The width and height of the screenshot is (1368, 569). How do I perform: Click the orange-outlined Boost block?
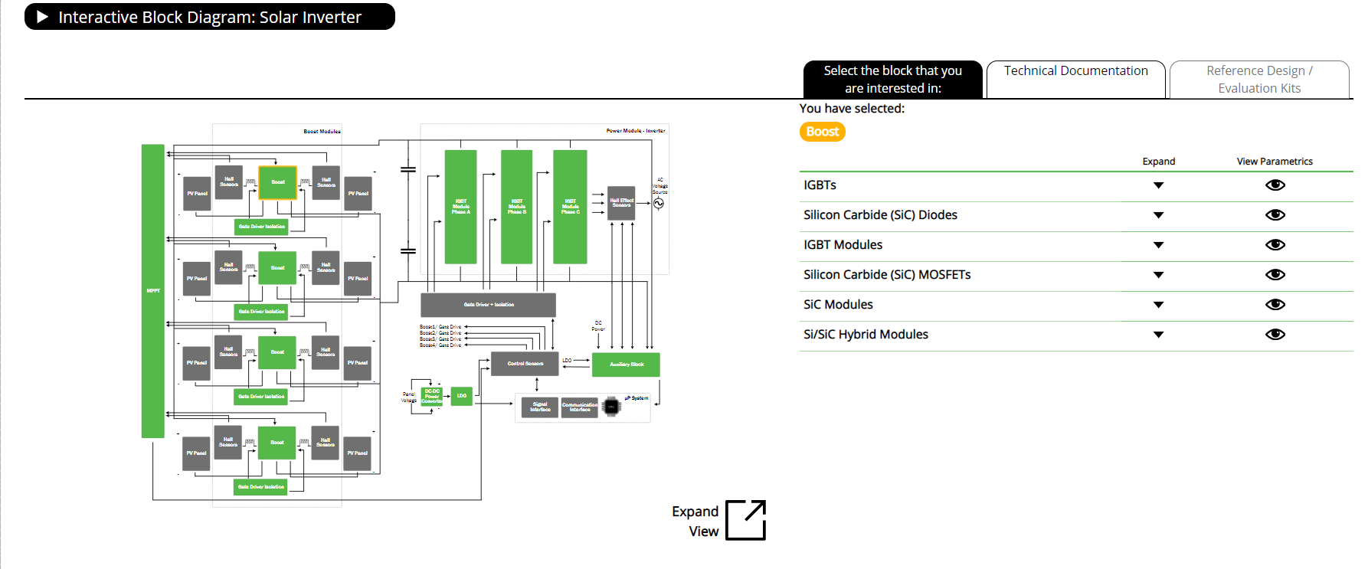(x=277, y=182)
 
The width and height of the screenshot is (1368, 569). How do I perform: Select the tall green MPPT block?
(x=153, y=291)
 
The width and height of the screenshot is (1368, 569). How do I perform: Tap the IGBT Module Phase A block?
(x=460, y=207)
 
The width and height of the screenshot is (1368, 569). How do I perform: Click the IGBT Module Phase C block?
(x=570, y=207)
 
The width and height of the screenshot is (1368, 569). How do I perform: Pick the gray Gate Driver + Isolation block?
(x=488, y=305)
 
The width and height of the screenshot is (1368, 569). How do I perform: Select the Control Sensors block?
(x=525, y=364)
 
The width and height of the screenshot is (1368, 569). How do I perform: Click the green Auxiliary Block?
(x=626, y=365)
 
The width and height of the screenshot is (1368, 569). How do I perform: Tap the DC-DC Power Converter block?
(x=432, y=396)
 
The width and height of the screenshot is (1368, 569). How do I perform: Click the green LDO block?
(x=462, y=396)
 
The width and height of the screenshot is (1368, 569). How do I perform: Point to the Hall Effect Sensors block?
(x=621, y=203)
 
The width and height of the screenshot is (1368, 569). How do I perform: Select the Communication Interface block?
(x=580, y=407)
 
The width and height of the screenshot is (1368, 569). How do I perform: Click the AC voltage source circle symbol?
(x=659, y=204)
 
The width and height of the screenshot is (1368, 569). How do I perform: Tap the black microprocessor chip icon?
(x=611, y=407)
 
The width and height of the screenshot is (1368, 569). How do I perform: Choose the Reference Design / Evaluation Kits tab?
(x=1259, y=79)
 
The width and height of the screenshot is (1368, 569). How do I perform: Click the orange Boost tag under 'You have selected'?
(x=822, y=132)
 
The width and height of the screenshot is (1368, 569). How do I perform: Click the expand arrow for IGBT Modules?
(x=1158, y=245)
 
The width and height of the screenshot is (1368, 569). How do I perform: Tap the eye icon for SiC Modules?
(x=1275, y=305)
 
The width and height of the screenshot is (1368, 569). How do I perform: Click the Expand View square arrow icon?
(x=745, y=520)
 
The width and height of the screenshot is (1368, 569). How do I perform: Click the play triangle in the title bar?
(x=42, y=17)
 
